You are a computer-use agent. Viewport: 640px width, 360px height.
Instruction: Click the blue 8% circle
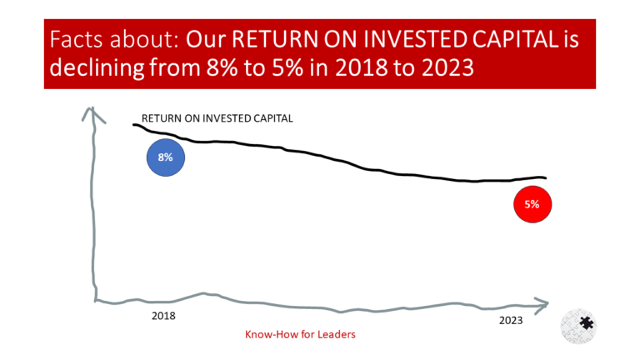coord(165,157)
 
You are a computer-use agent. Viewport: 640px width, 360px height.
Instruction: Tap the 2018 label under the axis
coord(163,317)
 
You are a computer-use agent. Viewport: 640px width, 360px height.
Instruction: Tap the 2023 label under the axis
coord(512,320)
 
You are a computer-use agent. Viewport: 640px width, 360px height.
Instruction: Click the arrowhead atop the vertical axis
coord(93,113)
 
